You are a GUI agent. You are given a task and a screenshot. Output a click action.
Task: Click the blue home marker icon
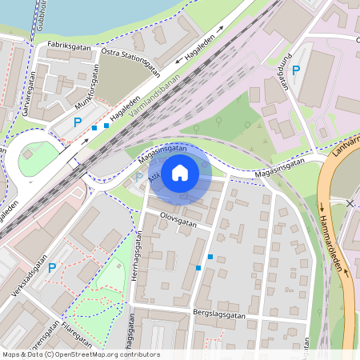coord(180,172)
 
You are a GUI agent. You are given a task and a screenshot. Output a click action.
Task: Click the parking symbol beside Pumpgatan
coord(295,71)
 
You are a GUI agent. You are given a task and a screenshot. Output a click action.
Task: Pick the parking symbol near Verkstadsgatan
coord(51,268)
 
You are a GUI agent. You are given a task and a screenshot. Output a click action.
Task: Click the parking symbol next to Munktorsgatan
coord(77,122)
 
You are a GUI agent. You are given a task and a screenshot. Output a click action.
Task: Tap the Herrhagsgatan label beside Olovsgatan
coord(138,253)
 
